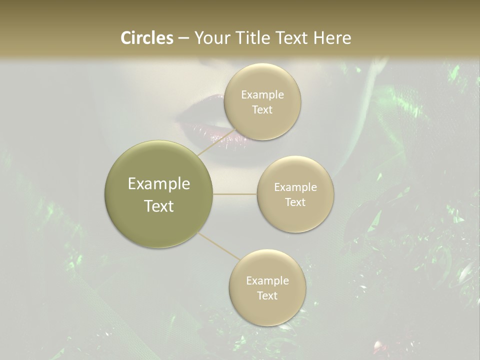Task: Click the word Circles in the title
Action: click(146, 38)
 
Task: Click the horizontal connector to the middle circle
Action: click(235, 194)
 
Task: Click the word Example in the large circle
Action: click(159, 184)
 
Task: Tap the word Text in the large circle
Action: click(159, 206)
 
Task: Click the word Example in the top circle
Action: click(262, 95)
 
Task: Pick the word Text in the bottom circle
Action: click(267, 295)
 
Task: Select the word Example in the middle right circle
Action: click(295, 187)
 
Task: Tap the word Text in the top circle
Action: click(262, 109)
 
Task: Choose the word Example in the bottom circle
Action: click(267, 281)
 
